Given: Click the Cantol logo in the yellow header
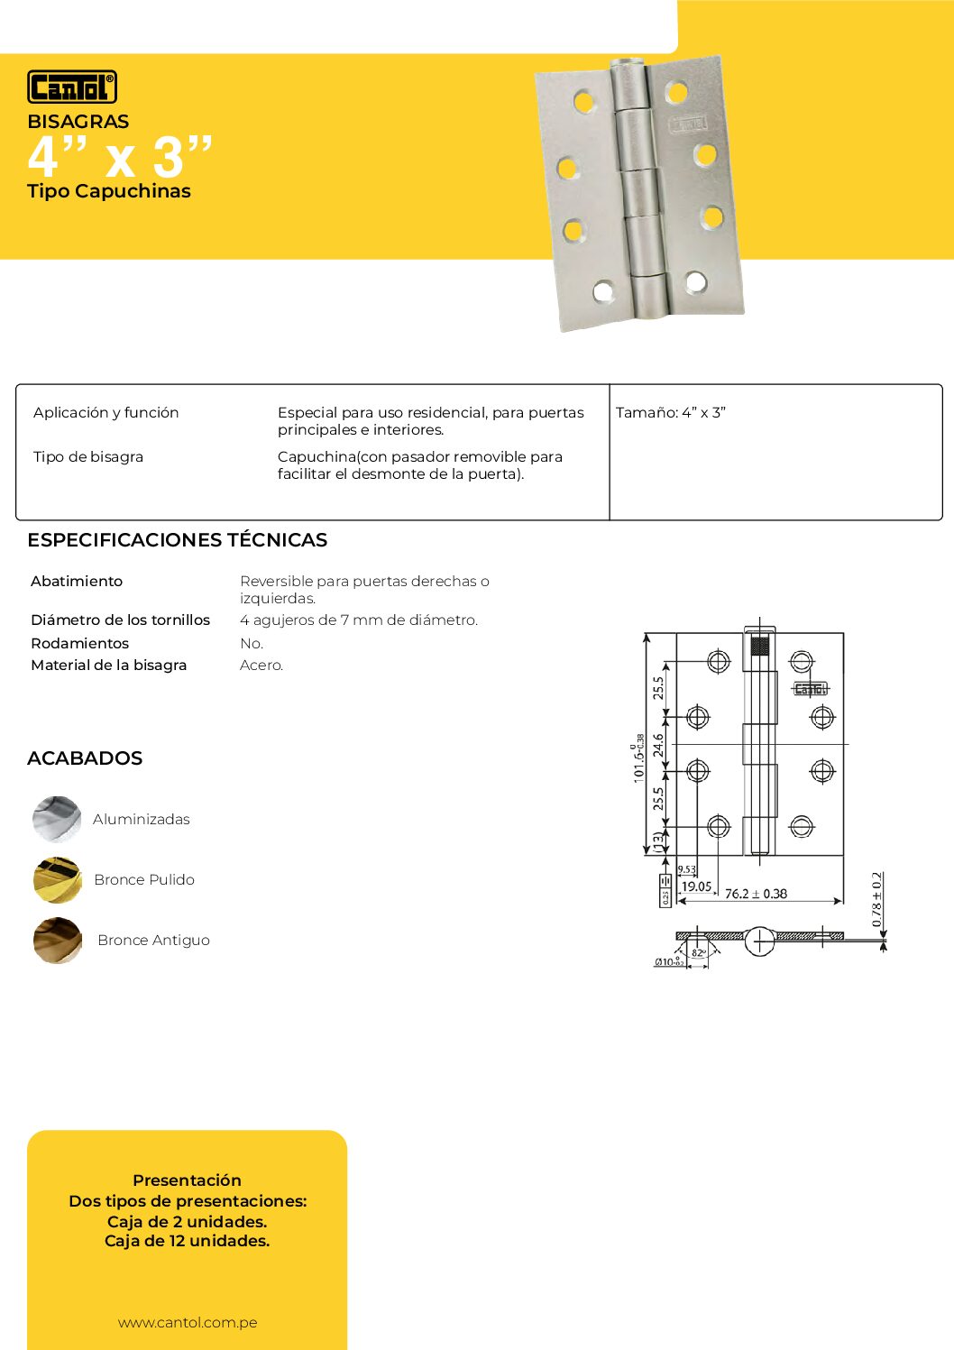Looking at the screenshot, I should pos(72,87).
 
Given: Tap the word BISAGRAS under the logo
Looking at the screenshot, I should pos(78,122).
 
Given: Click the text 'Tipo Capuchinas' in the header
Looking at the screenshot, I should pos(109,191).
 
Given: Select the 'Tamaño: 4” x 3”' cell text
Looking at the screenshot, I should pos(671,413).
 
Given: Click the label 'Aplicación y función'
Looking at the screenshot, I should pos(106,413).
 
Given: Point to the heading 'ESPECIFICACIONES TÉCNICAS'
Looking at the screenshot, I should pos(178,540).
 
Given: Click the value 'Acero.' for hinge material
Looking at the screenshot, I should pos(261,666).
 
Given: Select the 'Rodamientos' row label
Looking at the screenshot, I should pos(80,644).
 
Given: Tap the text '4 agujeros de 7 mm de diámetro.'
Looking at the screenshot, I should pos(359,620).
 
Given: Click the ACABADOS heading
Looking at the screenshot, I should pos(85,758).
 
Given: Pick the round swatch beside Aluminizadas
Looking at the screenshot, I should pos(57,819).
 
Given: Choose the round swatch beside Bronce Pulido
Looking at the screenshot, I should pos(57,879).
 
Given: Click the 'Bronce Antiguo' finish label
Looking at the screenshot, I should pos(153,941).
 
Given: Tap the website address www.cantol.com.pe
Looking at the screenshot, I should pos(188,1323).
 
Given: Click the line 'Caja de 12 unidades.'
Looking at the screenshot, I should pos(188,1241).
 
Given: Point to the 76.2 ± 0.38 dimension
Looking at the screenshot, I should pos(756,894).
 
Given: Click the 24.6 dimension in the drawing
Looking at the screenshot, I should pos(659,745).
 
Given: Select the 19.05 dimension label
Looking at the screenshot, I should pos(696,887).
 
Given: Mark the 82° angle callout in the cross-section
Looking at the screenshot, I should pos(698,953).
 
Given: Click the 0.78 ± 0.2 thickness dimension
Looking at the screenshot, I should pos(877,899).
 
